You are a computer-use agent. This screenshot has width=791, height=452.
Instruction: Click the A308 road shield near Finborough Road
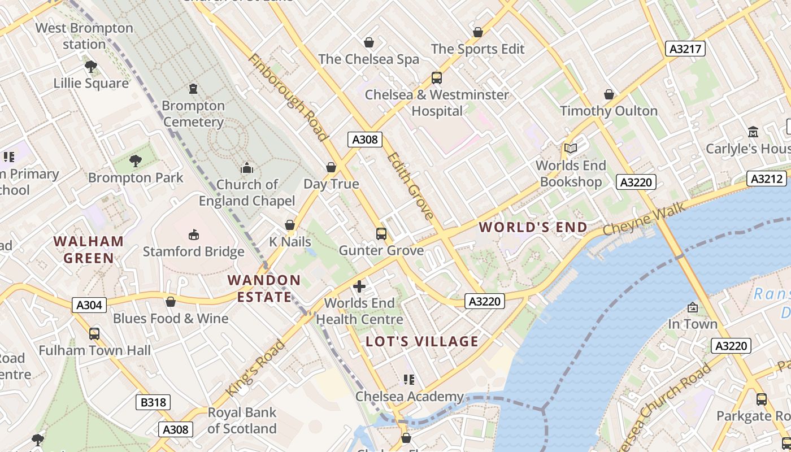click(x=365, y=140)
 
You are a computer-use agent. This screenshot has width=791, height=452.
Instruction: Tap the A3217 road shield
click(x=685, y=49)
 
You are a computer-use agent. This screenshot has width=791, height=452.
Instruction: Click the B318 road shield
click(x=153, y=402)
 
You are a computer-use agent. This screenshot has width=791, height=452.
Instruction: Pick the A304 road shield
click(x=89, y=305)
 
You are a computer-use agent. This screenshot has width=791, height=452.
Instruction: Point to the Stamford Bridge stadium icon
click(x=194, y=234)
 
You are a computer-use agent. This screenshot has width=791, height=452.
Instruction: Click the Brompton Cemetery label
click(x=193, y=114)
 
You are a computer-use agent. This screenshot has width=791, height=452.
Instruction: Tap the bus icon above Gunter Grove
click(x=381, y=233)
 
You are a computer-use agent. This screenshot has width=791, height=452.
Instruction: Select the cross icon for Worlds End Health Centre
click(x=359, y=286)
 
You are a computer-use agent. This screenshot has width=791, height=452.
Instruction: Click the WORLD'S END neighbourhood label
click(x=533, y=227)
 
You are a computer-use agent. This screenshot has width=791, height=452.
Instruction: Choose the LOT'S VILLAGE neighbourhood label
click(x=422, y=341)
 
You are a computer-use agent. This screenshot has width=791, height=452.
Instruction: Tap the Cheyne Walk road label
click(x=644, y=220)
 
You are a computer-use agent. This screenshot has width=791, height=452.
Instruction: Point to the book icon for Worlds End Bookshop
click(x=571, y=148)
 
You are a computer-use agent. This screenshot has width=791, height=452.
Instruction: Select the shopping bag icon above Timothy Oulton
click(x=609, y=94)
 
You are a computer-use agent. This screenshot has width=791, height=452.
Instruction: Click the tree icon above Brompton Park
click(x=136, y=161)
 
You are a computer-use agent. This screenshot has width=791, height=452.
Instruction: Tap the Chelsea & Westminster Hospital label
click(x=437, y=102)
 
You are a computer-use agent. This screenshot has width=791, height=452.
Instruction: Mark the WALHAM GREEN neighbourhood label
click(x=89, y=250)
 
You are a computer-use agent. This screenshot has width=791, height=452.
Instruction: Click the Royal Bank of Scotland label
click(x=242, y=420)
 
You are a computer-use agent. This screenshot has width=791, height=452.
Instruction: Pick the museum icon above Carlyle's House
click(x=753, y=132)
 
